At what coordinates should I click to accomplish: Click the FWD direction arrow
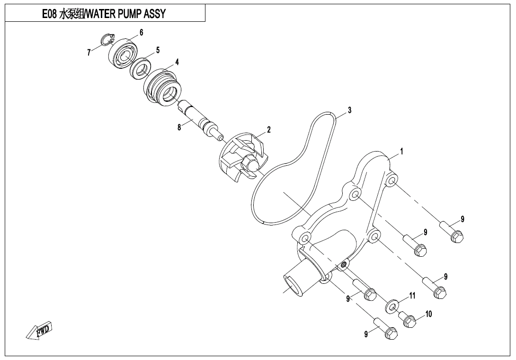click(x=39, y=331)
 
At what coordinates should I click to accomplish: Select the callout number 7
click(x=89, y=53)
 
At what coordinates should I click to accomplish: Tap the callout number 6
click(x=141, y=32)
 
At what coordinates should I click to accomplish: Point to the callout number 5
click(x=158, y=50)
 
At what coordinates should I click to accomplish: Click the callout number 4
click(x=177, y=62)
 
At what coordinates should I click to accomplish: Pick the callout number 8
click(x=179, y=127)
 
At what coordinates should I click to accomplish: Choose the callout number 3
click(x=349, y=110)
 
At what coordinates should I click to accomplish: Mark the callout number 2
click(x=268, y=129)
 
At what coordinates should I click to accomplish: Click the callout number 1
click(x=401, y=152)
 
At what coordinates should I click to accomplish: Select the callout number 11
click(x=412, y=296)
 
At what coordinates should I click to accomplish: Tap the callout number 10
click(x=428, y=314)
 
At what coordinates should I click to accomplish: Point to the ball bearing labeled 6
click(x=125, y=53)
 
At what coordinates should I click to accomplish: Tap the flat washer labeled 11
click(x=391, y=306)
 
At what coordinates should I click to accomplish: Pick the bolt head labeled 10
click(x=410, y=322)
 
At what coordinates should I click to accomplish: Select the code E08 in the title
click(x=50, y=14)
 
